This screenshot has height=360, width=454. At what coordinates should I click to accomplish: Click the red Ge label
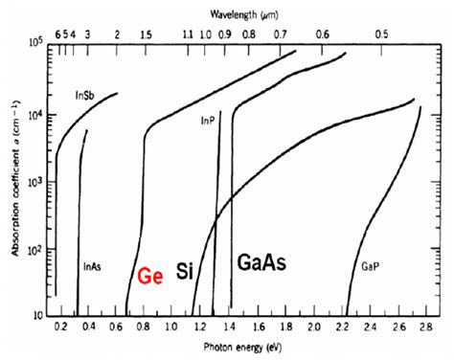[149, 276]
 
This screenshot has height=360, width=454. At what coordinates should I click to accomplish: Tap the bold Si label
[185, 272]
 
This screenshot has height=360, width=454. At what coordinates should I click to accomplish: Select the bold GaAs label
[261, 263]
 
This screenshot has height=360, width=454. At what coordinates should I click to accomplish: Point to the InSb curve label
[83, 96]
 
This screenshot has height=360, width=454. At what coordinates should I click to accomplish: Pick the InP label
[208, 121]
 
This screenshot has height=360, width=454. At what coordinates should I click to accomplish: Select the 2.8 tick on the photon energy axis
[421, 326]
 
